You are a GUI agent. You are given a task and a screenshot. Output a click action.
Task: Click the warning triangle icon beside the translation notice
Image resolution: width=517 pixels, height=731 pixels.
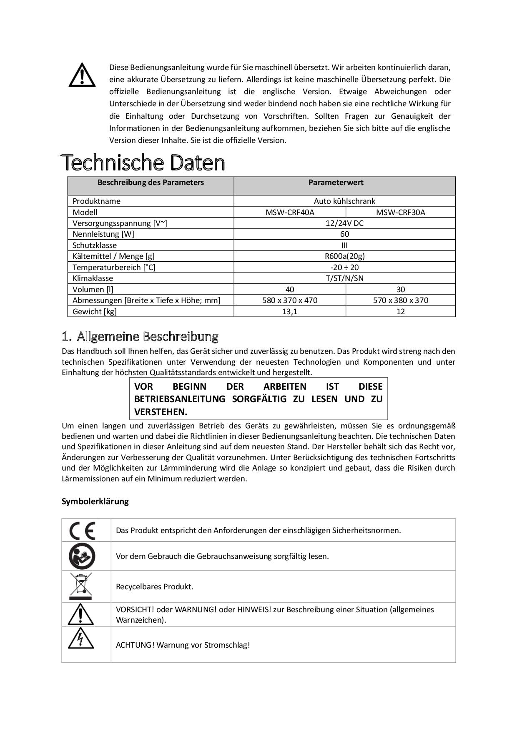[82, 75]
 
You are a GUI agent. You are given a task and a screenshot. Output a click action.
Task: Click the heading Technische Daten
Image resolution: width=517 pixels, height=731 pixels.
[143, 163]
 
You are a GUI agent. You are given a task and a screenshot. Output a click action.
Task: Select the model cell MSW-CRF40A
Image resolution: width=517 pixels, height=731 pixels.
[290, 212]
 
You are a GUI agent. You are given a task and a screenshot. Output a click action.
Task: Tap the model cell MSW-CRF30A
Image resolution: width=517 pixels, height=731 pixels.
[400, 212]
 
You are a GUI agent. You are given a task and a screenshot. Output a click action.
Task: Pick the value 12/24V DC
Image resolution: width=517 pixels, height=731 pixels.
[344, 223]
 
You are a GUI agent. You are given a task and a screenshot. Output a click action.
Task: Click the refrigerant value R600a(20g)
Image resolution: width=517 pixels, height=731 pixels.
[344, 256]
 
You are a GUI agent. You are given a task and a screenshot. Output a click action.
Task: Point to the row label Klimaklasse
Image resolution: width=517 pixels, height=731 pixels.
[93, 278]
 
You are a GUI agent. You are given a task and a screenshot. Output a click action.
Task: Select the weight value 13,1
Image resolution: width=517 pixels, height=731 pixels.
[290, 311]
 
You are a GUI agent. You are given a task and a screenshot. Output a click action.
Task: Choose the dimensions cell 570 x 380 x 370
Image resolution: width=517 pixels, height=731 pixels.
[400, 300]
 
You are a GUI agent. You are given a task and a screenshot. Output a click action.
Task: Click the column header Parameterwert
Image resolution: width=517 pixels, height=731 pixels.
[336, 183]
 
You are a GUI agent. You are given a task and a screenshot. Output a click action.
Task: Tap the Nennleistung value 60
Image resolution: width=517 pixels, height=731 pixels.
[344, 234]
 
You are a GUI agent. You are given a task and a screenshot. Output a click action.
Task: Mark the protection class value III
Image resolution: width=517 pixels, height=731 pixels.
[344, 245]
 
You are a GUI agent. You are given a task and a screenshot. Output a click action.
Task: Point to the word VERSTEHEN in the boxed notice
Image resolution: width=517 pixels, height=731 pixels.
[161, 412]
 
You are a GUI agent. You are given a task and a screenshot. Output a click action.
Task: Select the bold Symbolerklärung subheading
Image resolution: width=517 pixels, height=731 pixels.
[95, 501]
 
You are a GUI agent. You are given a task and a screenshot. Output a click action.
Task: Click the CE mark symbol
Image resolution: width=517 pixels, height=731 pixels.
[82, 531]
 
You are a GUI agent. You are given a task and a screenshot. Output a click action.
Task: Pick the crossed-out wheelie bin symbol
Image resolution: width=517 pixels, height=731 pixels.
[81, 586]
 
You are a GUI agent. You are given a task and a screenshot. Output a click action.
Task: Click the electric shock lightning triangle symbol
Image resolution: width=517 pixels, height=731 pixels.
[81, 638]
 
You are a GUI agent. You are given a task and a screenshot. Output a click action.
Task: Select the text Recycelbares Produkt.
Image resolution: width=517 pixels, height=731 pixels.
[155, 587]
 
